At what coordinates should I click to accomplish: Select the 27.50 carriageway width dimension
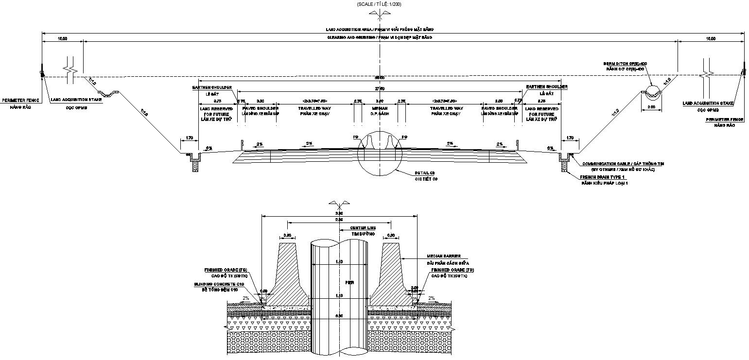click(379, 89)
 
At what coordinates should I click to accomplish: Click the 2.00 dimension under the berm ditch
click(651, 107)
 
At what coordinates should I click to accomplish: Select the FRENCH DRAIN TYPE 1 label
click(601, 177)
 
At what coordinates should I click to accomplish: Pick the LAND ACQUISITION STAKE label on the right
click(708, 103)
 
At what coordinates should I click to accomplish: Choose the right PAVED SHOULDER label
click(499, 108)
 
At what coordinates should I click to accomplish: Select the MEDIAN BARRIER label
click(444, 256)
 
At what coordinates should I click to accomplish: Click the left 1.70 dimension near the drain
click(189, 138)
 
